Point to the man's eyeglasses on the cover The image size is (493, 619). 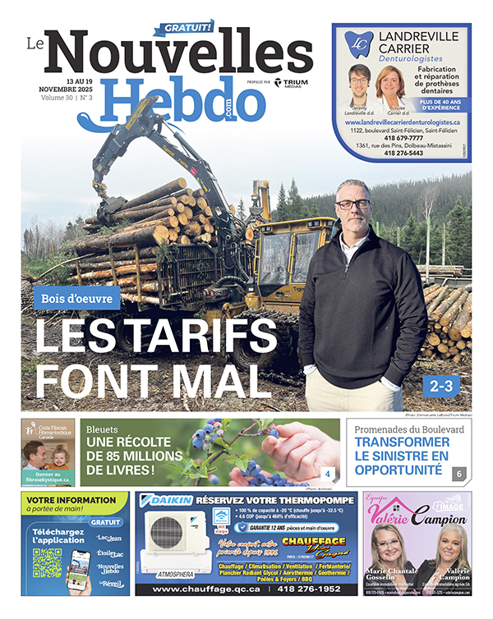click(x=352, y=203)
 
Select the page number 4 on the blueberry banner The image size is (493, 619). click(x=327, y=474)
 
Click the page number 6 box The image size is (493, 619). click(x=458, y=474)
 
